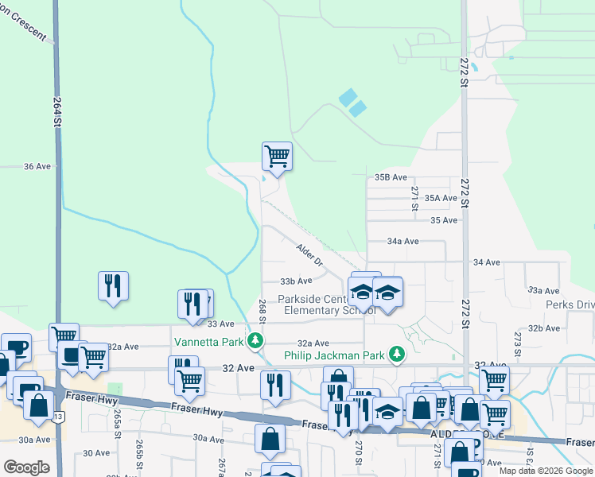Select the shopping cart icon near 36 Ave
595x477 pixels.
pyautogui.click(x=277, y=156)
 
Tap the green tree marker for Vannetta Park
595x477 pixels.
pyautogui.click(x=255, y=342)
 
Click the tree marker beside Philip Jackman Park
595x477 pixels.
pyautogui.click(x=396, y=354)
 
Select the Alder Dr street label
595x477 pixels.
pyautogui.click(x=309, y=255)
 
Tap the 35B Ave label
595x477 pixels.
pyautogui.click(x=391, y=177)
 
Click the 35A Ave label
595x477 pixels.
pyautogui.click(x=441, y=198)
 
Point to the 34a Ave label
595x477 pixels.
pyautogui.click(x=402, y=241)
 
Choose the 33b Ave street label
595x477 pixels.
pyautogui.click(x=295, y=281)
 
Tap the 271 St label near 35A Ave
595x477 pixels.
pyautogui.click(x=415, y=198)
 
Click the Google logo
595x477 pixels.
pyautogui.click(x=26, y=467)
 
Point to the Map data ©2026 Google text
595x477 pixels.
pyautogui.click(x=545, y=471)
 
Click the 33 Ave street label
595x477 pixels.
pyautogui.click(x=221, y=324)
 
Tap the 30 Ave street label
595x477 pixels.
pyautogui.click(x=96, y=452)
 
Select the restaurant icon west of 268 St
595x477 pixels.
pyautogui.click(x=112, y=286)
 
